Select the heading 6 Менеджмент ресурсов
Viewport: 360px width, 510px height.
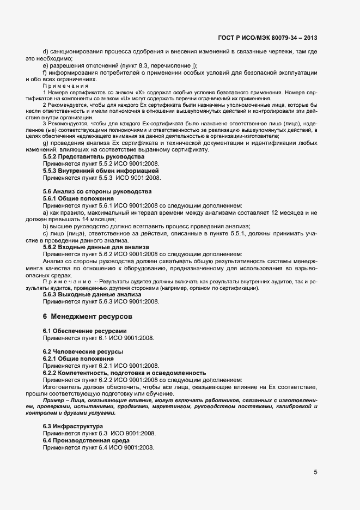pos(87,316)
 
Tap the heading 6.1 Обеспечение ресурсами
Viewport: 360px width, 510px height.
pos(85,331)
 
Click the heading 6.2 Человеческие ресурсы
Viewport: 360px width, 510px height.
pos(83,352)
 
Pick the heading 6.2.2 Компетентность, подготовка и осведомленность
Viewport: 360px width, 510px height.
pos(124,373)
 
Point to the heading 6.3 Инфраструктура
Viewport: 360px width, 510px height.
pos(72,426)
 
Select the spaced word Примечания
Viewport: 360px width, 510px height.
pos(65,86)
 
